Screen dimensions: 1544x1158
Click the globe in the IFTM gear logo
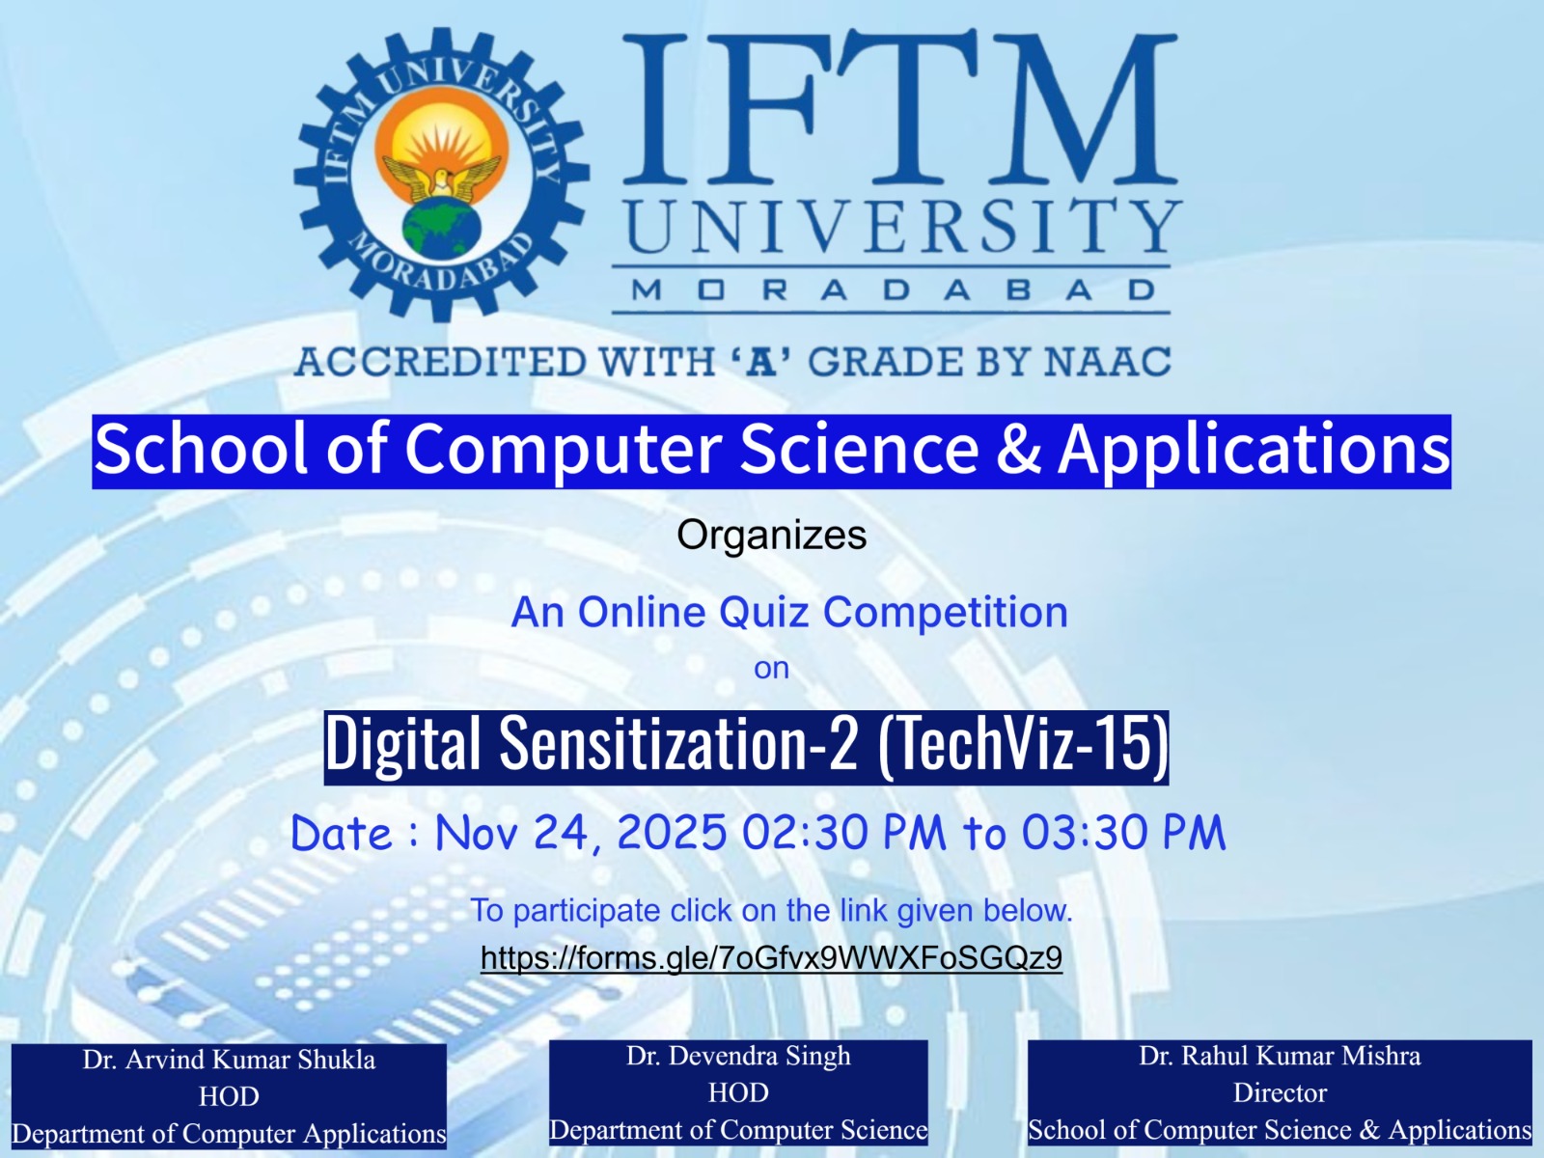(x=442, y=226)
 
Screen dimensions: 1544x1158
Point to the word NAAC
(x=1107, y=361)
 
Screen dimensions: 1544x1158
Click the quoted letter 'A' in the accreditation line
(x=761, y=361)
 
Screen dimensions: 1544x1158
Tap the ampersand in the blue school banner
(x=1018, y=450)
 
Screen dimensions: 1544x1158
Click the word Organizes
(x=772, y=535)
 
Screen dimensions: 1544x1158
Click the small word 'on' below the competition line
(x=772, y=668)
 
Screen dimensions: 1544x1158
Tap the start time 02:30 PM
(x=844, y=833)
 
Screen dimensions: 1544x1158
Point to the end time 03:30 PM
(x=1124, y=833)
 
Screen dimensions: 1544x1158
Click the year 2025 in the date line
(x=672, y=833)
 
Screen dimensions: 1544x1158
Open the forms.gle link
(x=772, y=957)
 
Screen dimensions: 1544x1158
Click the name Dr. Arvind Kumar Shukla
(x=230, y=1060)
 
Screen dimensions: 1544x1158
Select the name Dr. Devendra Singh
(x=738, y=1056)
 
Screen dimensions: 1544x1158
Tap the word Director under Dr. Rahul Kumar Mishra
(x=1280, y=1092)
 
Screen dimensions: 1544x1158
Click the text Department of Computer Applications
(x=230, y=1133)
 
